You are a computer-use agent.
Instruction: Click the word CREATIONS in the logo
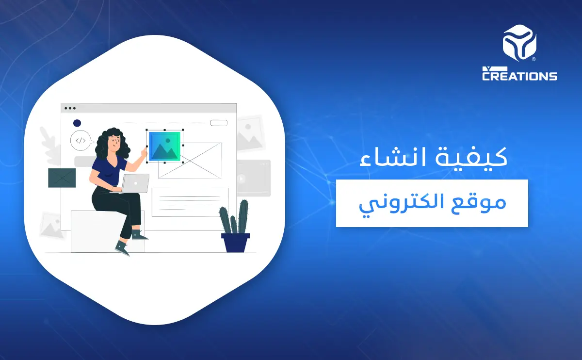(519, 76)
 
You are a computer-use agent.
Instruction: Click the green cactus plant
(234, 218)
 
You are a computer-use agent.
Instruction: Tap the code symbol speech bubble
(80, 141)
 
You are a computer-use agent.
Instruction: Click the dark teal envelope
(62, 178)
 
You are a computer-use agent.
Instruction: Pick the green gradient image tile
(164, 146)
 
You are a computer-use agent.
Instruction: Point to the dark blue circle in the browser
(77, 123)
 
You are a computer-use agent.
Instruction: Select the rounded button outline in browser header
(219, 123)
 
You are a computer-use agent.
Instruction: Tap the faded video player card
(254, 178)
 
